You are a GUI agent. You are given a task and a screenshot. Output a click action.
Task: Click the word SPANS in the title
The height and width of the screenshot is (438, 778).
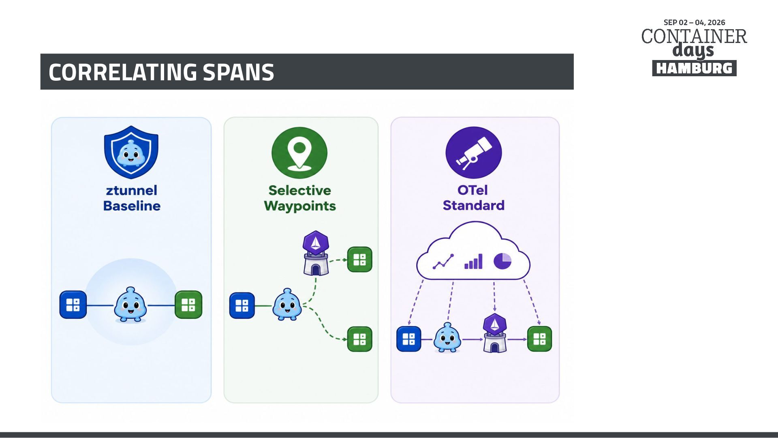tap(238, 72)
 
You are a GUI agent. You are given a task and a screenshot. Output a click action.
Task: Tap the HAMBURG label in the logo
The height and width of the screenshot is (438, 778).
tap(694, 68)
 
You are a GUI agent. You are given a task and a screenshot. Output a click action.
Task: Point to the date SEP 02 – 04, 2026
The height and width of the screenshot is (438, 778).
tap(694, 22)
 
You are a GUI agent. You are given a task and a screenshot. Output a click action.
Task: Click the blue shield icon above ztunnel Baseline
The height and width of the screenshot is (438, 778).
tap(131, 152)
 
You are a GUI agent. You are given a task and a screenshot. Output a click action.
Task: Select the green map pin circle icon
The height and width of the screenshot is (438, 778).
tap(299, 152)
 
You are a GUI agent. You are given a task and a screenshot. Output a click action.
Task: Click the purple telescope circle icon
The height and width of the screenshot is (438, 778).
tap(474, 152)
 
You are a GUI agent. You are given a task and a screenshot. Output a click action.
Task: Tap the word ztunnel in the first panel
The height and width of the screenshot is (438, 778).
tap(132, 190)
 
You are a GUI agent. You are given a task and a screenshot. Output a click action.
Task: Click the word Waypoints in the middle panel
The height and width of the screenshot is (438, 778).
tap(300, 206)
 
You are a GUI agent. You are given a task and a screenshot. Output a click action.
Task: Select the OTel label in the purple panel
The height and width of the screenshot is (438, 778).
tap(472, 190)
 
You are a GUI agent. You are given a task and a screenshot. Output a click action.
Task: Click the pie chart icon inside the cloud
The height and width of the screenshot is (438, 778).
tap(502, 261)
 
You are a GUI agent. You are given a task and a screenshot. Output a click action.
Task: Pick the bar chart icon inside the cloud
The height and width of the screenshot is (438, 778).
tap(473, 262)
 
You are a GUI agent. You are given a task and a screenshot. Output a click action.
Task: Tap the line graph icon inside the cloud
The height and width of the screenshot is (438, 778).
tap(443, 262)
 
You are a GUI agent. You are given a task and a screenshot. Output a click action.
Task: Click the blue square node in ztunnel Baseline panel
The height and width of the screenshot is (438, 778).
tap(73, 305)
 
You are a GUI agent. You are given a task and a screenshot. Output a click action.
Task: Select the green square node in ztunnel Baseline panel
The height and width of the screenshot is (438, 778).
tap(188, 305)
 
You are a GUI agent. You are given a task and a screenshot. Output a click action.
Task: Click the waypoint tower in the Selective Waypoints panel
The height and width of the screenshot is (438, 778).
tap(316, 253)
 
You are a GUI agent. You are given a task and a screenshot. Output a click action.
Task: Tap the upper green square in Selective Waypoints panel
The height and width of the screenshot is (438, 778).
tap(360, 260)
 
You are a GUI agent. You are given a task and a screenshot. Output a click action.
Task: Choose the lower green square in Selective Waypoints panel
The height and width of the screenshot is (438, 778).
tap(360, 339)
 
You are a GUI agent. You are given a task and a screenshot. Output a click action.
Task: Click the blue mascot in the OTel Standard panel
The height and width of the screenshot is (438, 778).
tap(447, 337)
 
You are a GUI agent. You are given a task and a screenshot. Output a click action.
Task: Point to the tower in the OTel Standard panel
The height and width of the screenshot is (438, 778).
tap(495, 333)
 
